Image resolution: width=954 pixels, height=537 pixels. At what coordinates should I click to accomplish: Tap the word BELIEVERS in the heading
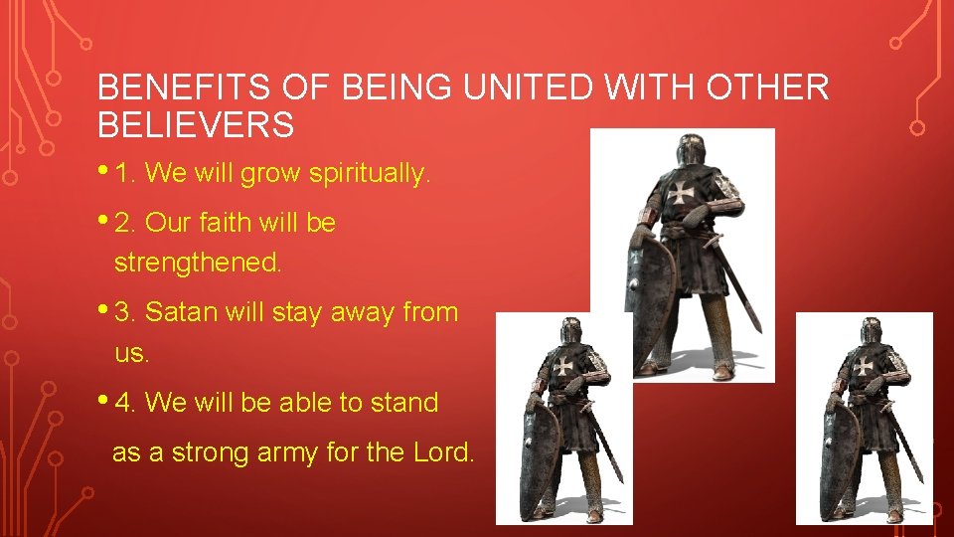tap(196, 125)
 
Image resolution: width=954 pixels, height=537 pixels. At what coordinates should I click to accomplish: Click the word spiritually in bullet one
tap(370, 175)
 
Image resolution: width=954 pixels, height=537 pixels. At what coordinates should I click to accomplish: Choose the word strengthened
tap(199, 264)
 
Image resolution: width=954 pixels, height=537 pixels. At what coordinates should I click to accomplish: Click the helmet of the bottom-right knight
tap(872, 331)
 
